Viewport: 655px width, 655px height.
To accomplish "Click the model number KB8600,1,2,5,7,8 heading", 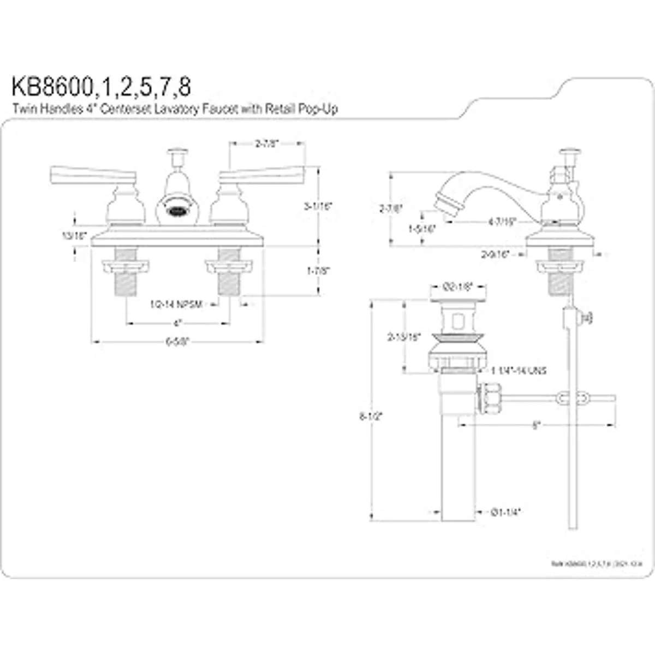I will tap(102, 86).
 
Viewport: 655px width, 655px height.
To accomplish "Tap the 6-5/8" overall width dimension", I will tap(177, 342).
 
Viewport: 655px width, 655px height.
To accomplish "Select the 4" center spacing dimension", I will tap(177, 323).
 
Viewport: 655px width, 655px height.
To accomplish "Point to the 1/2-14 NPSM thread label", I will tap(176, 304).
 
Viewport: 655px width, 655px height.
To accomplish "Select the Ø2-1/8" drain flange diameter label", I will tap(457, 285).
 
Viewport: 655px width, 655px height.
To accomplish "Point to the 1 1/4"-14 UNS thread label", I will tap(519, 371).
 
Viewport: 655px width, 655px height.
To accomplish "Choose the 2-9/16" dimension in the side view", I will tap(495, 254).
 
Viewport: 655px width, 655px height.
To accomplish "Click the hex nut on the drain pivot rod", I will tap(488, 400).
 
